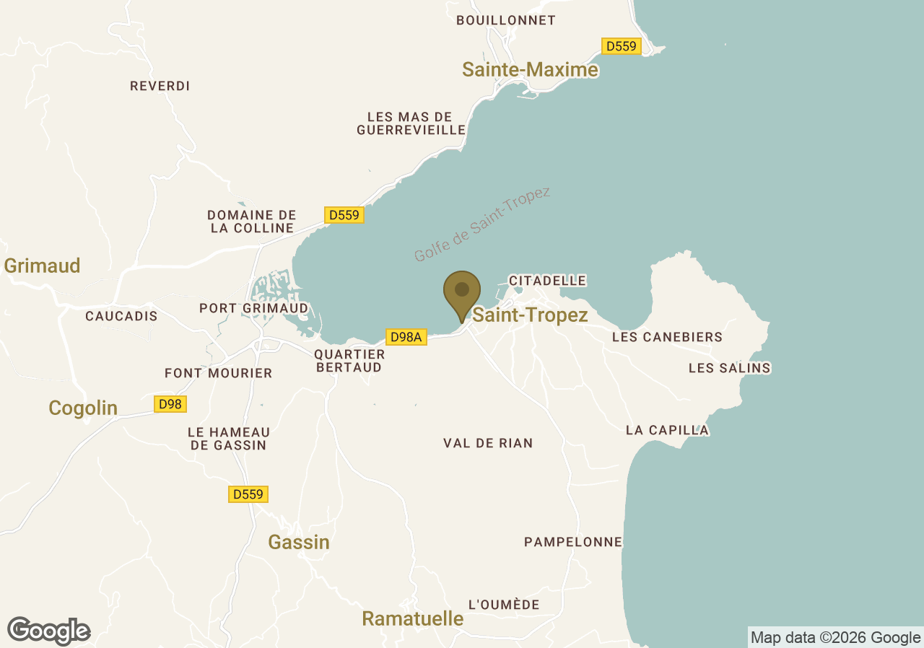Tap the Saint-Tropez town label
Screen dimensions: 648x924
click(x=530, y=315)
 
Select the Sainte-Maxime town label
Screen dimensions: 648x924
click(x=530, y=69)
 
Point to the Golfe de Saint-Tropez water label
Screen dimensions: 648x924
click(x=481, y=224)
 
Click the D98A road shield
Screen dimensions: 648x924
click(x=407, y=337)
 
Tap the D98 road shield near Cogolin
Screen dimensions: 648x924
click(x=170, y=404)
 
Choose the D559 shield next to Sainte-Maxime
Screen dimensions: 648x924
click(x=621, y=46)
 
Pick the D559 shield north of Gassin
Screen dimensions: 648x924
click(x=248, y=494)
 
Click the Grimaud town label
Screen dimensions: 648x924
click(x=42, y=266)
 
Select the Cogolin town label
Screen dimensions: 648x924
click(x=83, y=408)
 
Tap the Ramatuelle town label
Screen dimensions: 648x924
click(x=412, y=618)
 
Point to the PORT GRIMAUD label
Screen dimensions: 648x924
click(x=253, y=308)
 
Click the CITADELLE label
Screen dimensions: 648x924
click(x=547, y=280)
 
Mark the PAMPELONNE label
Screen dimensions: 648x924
click(x=572, y=542)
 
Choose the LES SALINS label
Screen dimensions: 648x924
click(x=729, y=368)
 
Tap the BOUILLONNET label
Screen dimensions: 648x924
click(x=506, y=20)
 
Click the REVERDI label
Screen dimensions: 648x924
click(x=160, y=86)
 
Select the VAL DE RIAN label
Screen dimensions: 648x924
click(x=488, y=443)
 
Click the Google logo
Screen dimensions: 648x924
click(x=48, y=631)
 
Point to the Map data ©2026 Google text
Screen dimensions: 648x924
click(x=835, y=638)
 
